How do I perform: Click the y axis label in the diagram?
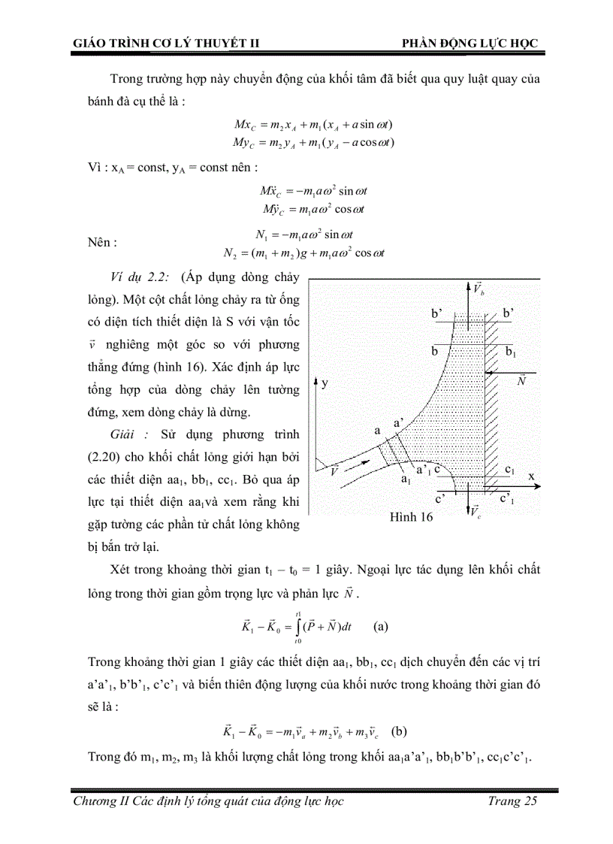(325, 383)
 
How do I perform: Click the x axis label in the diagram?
(530, 476)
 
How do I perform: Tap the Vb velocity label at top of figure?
(479, 288)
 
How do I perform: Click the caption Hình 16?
(412, 518)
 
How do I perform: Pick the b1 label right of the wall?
(510, 352)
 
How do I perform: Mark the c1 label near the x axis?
(510, 470)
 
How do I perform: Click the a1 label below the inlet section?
(406, 479)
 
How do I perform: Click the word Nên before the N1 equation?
(102, 243)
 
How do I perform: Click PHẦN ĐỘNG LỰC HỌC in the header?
(470, 44)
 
